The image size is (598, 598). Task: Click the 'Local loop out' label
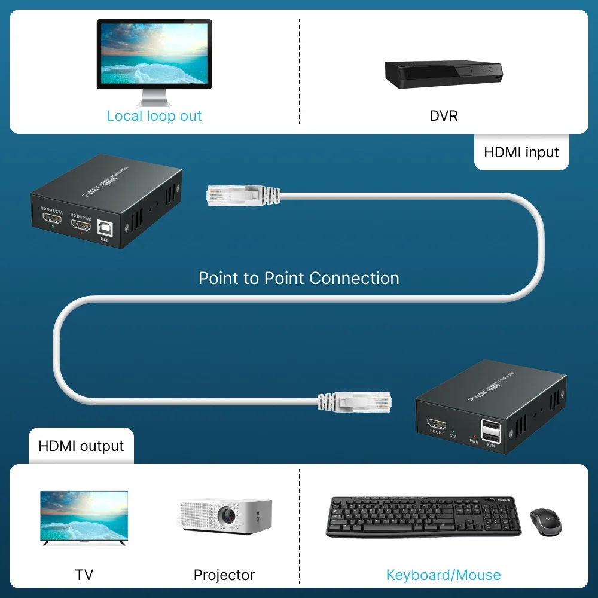click(x=154, y=116)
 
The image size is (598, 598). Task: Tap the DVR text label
click(x=444, y=115)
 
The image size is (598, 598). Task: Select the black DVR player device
click(x=443, y=75)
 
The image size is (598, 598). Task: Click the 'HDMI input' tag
click(x=521, y=152)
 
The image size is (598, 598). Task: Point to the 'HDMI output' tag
click(x=81, y=446)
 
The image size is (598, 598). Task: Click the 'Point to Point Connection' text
click(x=299, y=278)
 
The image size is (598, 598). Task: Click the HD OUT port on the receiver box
click(x=437, y=425)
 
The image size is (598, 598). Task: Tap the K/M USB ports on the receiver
click(x=492, y=432)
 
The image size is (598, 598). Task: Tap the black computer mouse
click(x=545, y=521)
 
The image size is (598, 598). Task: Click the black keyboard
click(x=423, y=516)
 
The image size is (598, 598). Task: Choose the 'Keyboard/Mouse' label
click(x=443, y=575)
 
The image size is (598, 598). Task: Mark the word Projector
click(x=224, y=575)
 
